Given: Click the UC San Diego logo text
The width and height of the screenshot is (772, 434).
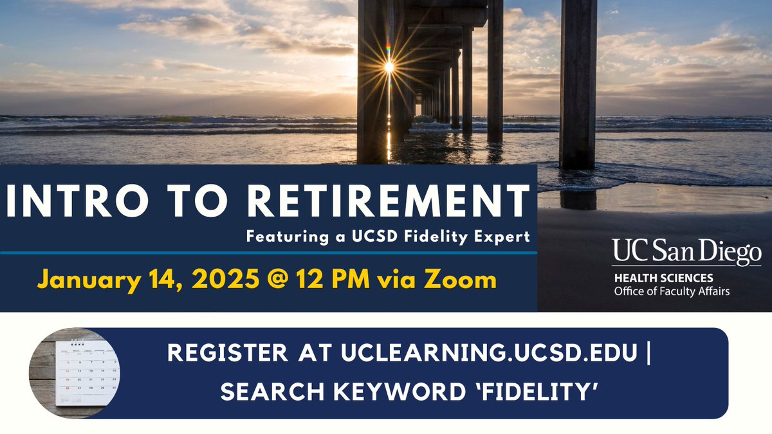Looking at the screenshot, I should click(686, 253).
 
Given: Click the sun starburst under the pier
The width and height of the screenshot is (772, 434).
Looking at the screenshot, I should click(389, 66).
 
